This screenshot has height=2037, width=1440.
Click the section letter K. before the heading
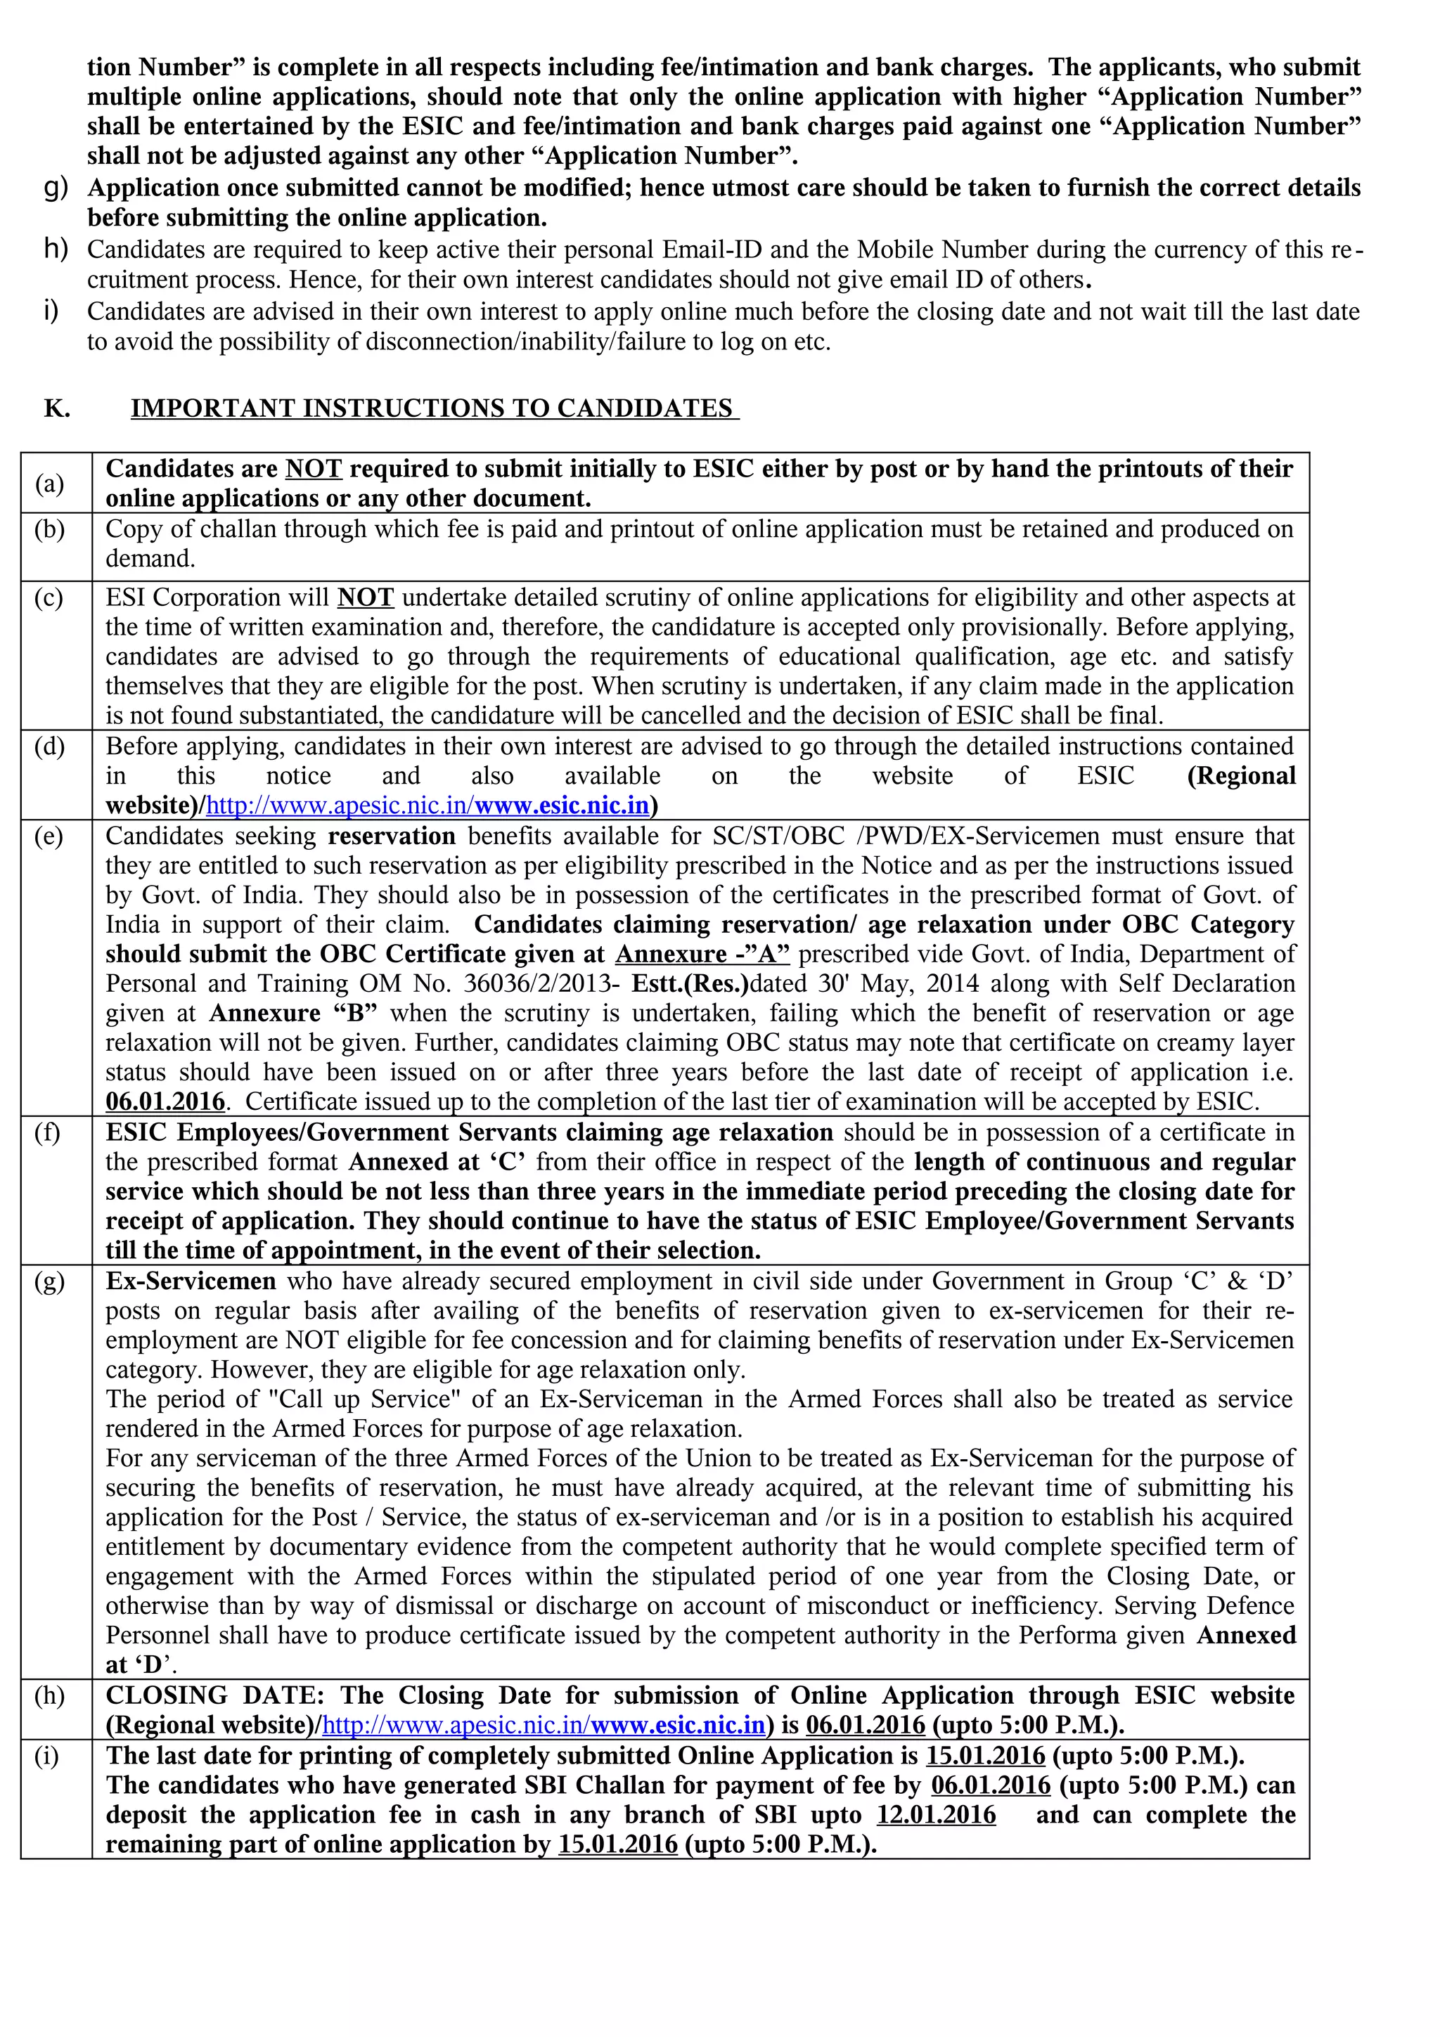(x=57, y=408)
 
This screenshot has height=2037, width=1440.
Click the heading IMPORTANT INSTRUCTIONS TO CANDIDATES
(x=434, y=408)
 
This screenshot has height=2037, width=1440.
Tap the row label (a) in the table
(x=50, y=484)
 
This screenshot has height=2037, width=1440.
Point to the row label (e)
(x=50, y=836)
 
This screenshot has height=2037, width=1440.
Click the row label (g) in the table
(x=50, y=1281)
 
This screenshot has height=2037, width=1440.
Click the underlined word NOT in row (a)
(x=312, y=468)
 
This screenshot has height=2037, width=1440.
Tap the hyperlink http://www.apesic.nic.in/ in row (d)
(x=339, y=806)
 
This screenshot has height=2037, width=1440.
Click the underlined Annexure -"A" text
(x=702, y=954)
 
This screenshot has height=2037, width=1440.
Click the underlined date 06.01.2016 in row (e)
(x=165, y=1102)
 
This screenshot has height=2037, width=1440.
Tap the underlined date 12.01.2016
(x=936, y=1815)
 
